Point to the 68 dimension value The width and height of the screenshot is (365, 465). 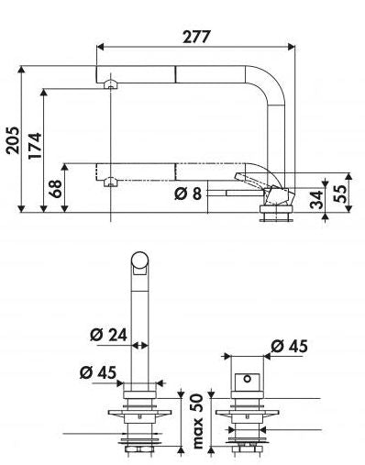click(56, 188)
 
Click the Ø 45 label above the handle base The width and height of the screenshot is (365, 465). click(288, 346)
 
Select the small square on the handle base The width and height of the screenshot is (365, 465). click(246, 378)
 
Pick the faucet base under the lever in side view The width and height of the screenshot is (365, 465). click(276, 212)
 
